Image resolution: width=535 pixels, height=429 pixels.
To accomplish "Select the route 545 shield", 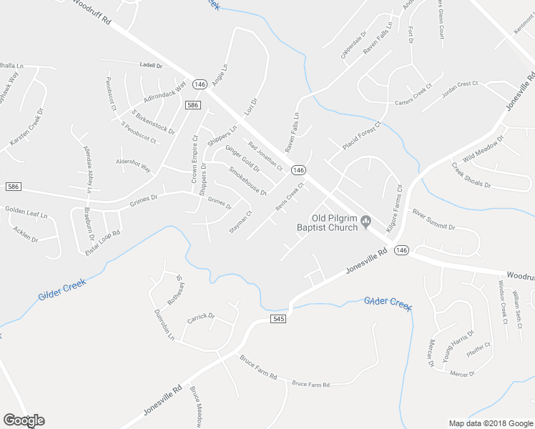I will tap(279, 318).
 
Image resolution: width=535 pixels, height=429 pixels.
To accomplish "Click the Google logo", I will tap(24, 420).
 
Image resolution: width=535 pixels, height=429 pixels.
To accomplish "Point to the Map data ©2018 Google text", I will tap(490, 423).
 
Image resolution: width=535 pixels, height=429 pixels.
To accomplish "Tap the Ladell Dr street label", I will tap(151, 65).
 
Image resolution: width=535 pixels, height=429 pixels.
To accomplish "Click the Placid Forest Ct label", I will tap(362, 135).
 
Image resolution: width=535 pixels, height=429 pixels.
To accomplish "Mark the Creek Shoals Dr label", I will tap(471, 175).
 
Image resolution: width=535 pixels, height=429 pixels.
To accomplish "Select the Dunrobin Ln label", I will tap(164, 326).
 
